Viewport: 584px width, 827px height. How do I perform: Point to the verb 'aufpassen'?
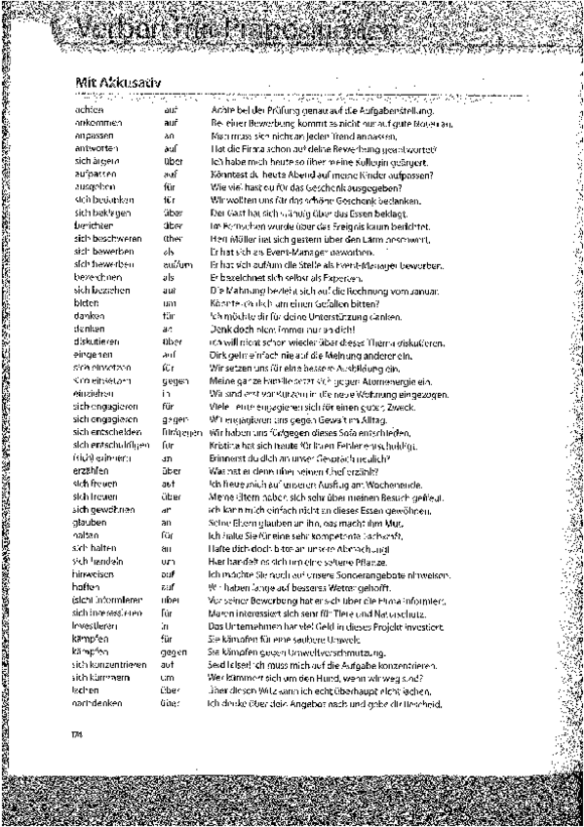[x=92, y=175]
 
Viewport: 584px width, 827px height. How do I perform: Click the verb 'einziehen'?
[x=91, y=392]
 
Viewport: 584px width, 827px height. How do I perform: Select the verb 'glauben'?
[x=89, y=521]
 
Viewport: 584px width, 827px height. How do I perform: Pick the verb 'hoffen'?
[x=87, y=586]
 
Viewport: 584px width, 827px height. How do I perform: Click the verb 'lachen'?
[x=87, y=689]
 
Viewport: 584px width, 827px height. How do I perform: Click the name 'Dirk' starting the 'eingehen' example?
[x=218, y=354]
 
